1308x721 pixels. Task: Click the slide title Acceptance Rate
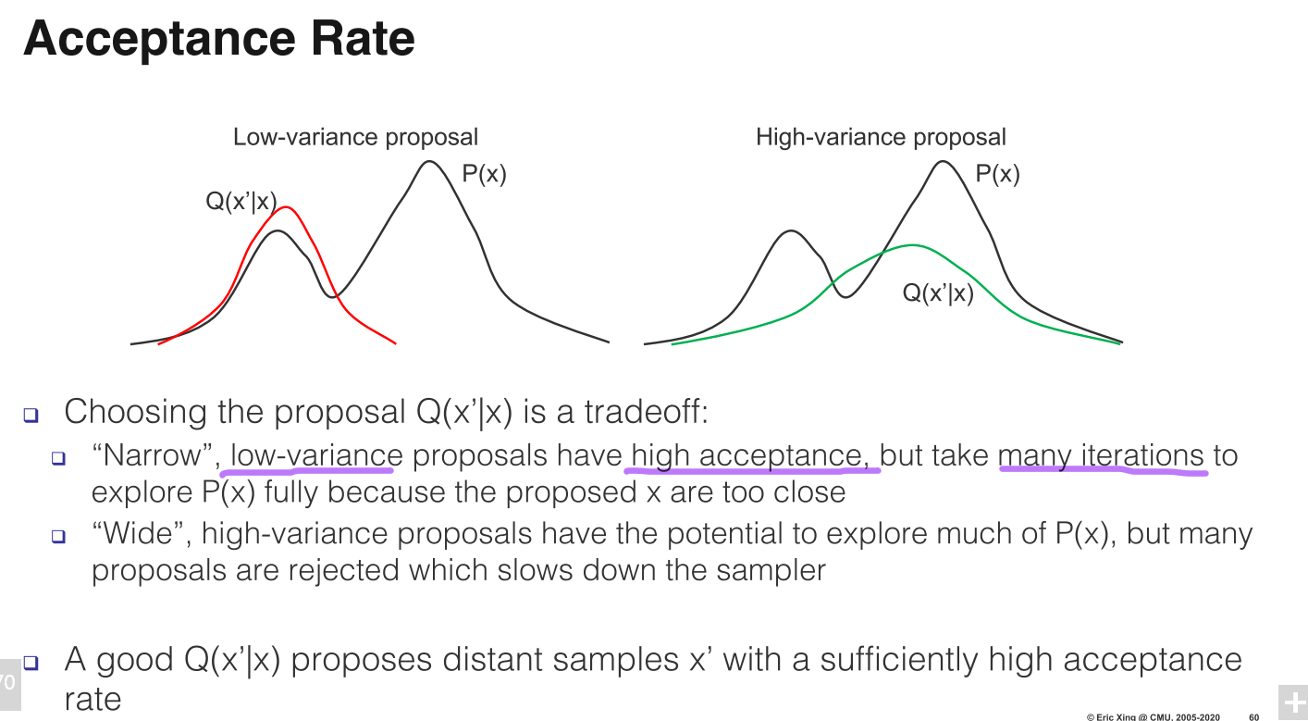[x=219, y=40]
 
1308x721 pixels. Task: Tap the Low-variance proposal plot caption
[x=355, y=138]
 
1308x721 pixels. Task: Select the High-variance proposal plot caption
[x=880, y=138]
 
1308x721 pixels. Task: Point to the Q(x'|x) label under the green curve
[x=938, y=294]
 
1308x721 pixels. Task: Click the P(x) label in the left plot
[x=484, y=174]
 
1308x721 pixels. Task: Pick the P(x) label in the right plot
[x=997, y=174]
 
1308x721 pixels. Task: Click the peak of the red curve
[x=287, y=207]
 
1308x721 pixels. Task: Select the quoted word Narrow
[x=154, y=455]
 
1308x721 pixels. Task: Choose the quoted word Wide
[x=142, y=533]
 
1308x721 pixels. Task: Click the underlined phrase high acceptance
[x=751, y=456]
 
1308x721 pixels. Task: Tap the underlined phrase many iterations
[x=1101, y=456]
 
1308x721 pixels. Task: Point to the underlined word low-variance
[x=316, y=456]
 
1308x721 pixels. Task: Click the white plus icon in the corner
[x=1292, y=702]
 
